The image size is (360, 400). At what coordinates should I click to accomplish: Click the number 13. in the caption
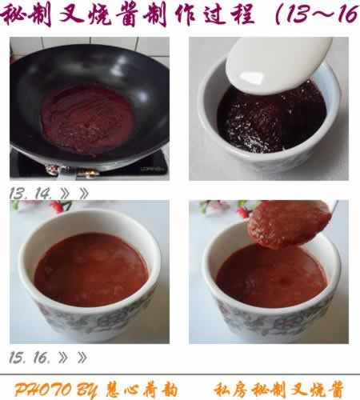click(x=20, y=193)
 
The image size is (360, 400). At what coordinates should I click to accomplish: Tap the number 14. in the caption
click(x=45, y=193)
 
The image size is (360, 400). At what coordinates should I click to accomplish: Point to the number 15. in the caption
click(x=20, y=357)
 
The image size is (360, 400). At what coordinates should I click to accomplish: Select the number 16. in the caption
click(x=45, y=357)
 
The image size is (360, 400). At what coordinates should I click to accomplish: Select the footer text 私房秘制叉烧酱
click(x=280, y=390)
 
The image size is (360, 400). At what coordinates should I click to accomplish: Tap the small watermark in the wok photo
click(x=150, y=169)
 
